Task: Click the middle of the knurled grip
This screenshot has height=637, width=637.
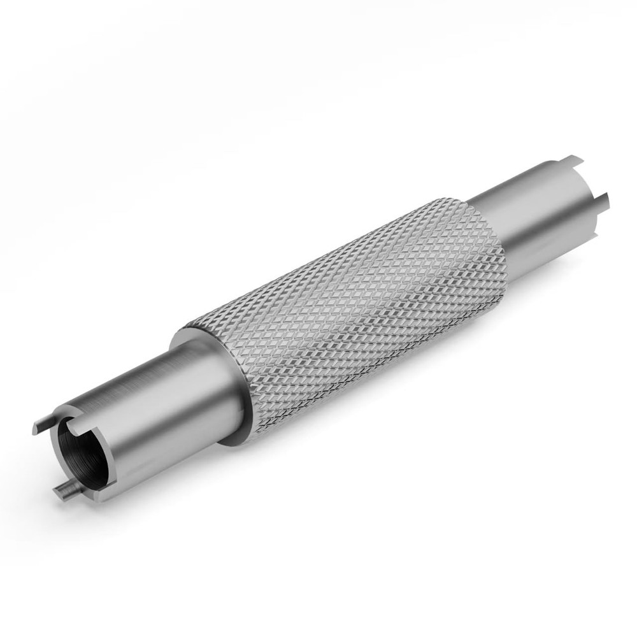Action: click(x=344, y=312)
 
